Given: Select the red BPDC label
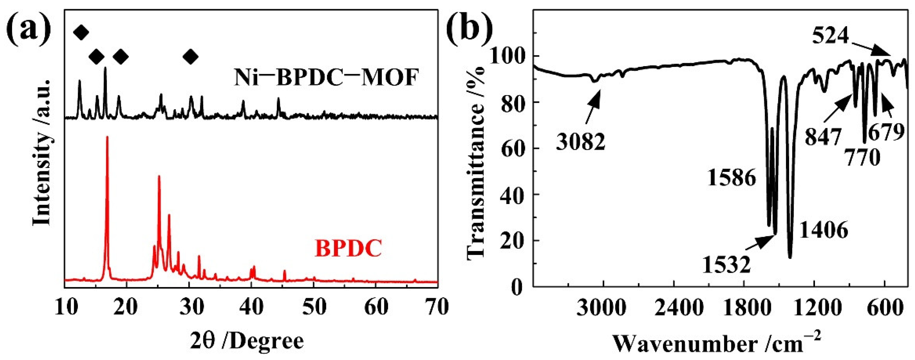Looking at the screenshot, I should tap(348, 248).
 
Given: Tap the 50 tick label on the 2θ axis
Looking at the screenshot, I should tap(314, 308).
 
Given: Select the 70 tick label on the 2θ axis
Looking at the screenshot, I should tap(437, 308).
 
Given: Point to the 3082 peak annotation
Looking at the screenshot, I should tap(580, 143).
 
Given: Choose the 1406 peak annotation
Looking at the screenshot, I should tap(824, 230).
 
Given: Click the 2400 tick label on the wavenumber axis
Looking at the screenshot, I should tap(674, 308).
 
